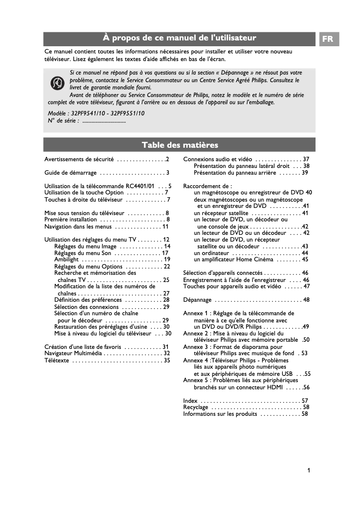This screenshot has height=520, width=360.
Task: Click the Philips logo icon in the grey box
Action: click(57, 84)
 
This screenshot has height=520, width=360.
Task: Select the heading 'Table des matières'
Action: click(180, 145)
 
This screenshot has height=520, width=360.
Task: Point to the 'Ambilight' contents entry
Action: click(66, 260)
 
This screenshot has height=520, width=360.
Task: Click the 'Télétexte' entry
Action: click(57, 360)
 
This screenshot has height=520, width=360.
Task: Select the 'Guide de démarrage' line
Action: click(70, 172)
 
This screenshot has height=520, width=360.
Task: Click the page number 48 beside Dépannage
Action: click(306, 300)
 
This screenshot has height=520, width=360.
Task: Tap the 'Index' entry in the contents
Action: click(190, 401)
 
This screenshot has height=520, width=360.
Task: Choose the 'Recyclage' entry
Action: click(196, 407)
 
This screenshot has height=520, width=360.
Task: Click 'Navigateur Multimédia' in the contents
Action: click(73, 353)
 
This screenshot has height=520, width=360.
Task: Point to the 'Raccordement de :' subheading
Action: click(207, 186)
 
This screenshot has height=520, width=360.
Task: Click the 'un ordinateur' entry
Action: click(211, 253)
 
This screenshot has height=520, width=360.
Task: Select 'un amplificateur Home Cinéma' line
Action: click(233, 260)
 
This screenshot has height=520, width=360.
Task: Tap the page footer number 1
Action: click(309, 471)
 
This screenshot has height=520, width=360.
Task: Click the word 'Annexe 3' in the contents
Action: click(195, 347)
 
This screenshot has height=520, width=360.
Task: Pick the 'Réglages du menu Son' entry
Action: click(83, 253)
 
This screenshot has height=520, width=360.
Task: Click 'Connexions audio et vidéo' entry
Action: click(217, 159)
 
